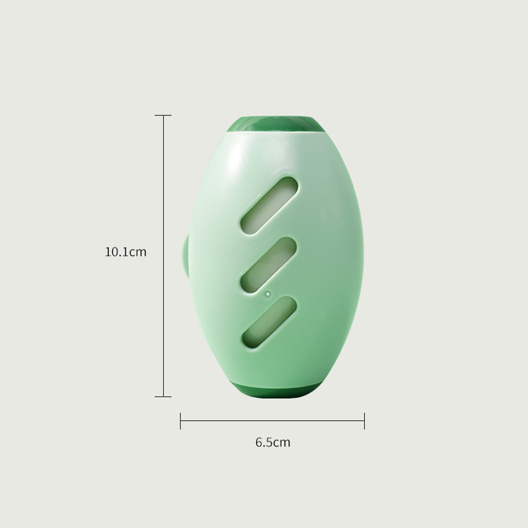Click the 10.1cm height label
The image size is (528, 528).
click(125, 252)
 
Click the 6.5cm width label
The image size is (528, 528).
click(273, 442)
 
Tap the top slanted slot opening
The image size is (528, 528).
click(269, 205)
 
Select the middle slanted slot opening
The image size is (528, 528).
click(269, 265)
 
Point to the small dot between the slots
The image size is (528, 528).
click(268, 294)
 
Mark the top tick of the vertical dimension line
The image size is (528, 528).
click(163, 115)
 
